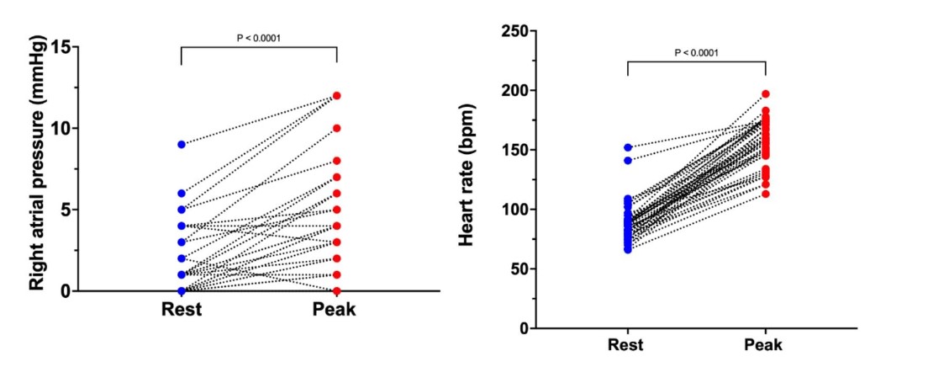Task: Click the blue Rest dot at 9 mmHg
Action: click(182, 144)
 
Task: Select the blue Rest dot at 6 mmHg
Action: click(182, 193)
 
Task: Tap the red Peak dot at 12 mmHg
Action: click(337, 95)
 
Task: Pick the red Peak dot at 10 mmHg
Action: click(337, 128)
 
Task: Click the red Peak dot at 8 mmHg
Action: click(337, 161)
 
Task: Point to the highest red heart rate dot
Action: click(766, 94)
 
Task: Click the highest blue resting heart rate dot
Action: click(628, 147)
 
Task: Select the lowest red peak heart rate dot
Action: click(766, 194)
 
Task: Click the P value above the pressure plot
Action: click(259, 37)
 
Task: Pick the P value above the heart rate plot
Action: click(697, 52)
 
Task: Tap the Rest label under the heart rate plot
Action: click(628, 345)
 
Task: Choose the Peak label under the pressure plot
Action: click(335, 309)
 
